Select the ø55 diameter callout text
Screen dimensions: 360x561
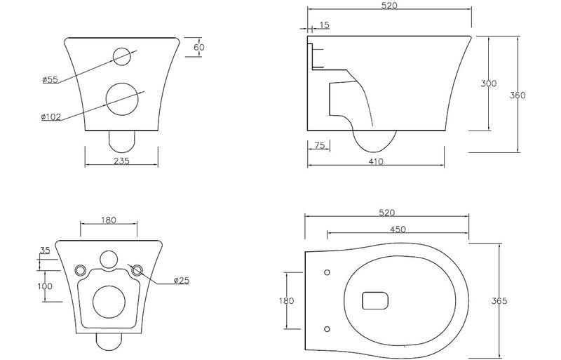click(50, 79)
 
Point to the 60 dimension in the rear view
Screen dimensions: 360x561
click(199, 48)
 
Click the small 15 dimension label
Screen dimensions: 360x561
click(324, 26)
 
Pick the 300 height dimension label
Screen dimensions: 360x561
click(489, 84)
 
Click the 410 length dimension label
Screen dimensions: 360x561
click(377, 161)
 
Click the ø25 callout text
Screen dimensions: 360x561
click(182, 281)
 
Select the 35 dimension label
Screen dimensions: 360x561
click(46, 250)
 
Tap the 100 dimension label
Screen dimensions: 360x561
click(46, 286)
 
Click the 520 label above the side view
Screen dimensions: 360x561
click(390, 6)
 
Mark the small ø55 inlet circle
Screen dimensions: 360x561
click(121, 55)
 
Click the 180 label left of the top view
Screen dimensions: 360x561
click(286, 300)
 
